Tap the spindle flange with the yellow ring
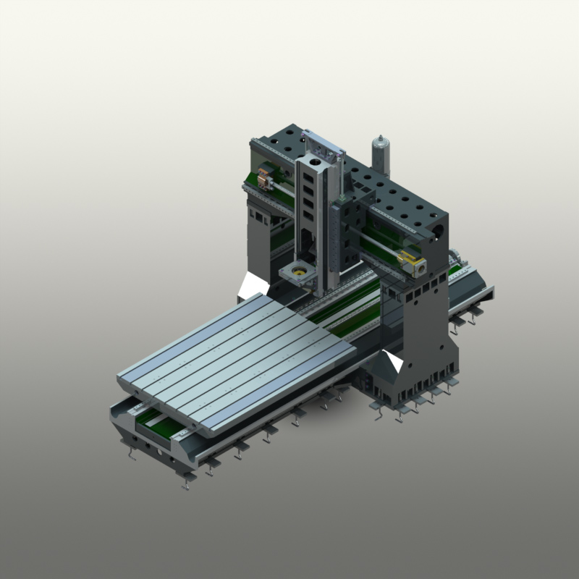coord(297,274)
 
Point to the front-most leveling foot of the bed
coord(187,481)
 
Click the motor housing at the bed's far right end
coord(457,257)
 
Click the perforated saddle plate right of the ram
coord(355,217)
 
